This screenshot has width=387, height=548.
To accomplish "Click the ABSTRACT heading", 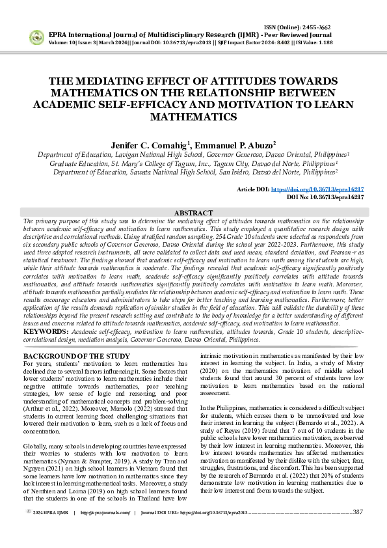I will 193,213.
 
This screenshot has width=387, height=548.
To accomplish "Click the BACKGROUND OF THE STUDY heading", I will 76,357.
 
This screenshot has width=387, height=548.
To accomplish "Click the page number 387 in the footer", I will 357,530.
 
